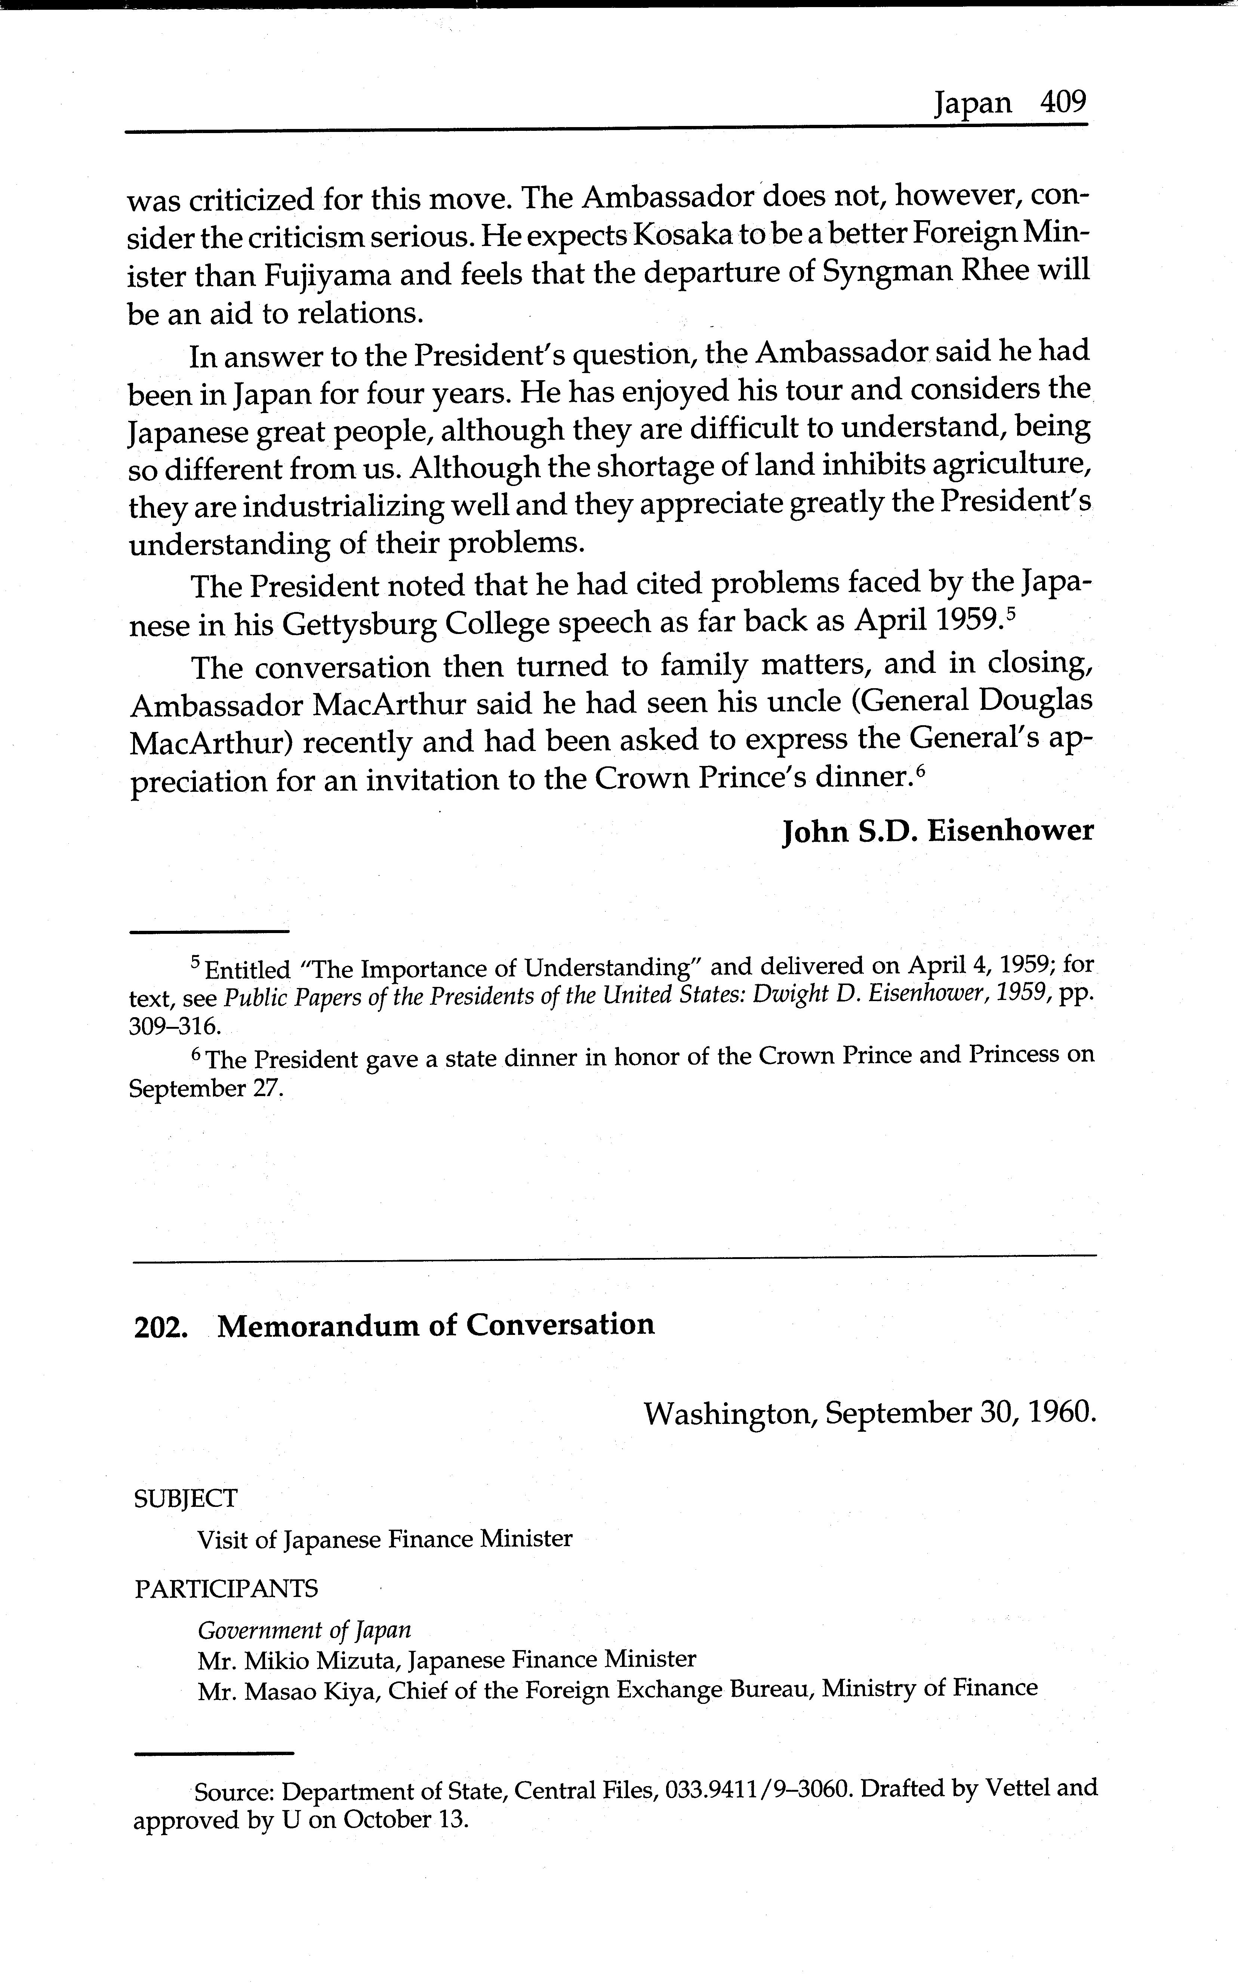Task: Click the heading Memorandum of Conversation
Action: pos(437,1324)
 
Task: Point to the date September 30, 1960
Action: pos(960,1413)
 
